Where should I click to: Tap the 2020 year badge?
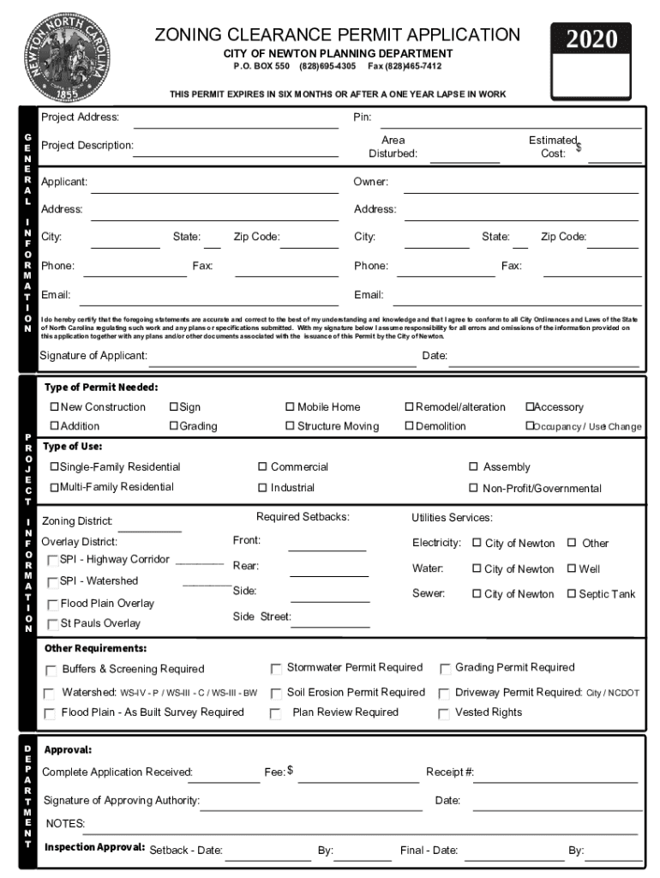tap(591, 39)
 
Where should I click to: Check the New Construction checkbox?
tap(54, 407)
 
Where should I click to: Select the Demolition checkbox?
tap(409, 426)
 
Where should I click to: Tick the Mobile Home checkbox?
tap(291, 407)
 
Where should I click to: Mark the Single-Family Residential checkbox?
tap(54, 467)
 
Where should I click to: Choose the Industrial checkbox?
tap(263, 488)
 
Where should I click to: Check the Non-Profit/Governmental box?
tap(473, 489)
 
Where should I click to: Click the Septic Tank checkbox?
tap(572, 594)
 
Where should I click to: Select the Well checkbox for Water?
tap(572, 569)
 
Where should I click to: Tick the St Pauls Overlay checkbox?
tap(53, 624)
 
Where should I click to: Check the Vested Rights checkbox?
tap(444, 713)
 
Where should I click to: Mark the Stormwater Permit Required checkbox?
tap(276, 669)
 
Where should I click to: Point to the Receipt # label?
tap(450, 773)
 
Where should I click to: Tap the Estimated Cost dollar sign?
tap(579, 148)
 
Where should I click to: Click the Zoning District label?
tap(77, 520)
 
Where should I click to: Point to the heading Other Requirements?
tap(95, 648)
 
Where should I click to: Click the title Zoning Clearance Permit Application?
tap(337, 35)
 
